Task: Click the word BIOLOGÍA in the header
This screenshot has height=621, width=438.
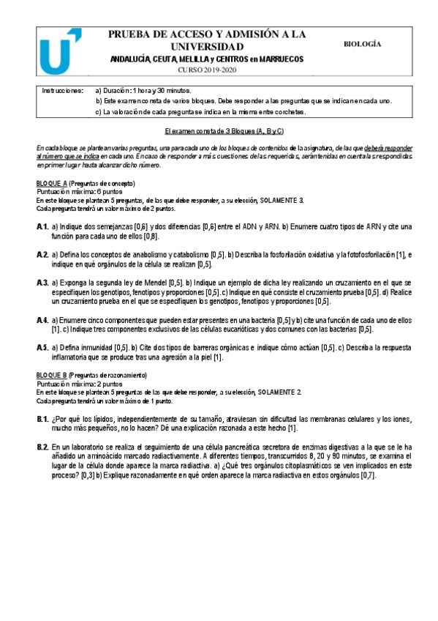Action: (x=362, y=44)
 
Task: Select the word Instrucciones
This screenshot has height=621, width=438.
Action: (x=61, y=89)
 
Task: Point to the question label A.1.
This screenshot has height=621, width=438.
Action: (x=42, y=228)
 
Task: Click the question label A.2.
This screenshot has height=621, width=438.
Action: (x=42, y=255)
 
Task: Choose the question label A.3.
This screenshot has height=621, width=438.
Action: (x=42, y=282)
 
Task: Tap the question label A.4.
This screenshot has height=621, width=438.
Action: (x=42, y=320)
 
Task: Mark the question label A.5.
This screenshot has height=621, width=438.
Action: (x=42, y=347)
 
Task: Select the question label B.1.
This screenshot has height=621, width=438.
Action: (x=42, y=418)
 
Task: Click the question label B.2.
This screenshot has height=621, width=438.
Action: (x=42, y=446)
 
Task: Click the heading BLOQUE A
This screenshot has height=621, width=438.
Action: (x=51, y=183)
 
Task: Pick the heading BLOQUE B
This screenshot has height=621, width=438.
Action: (x=51, y=375)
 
